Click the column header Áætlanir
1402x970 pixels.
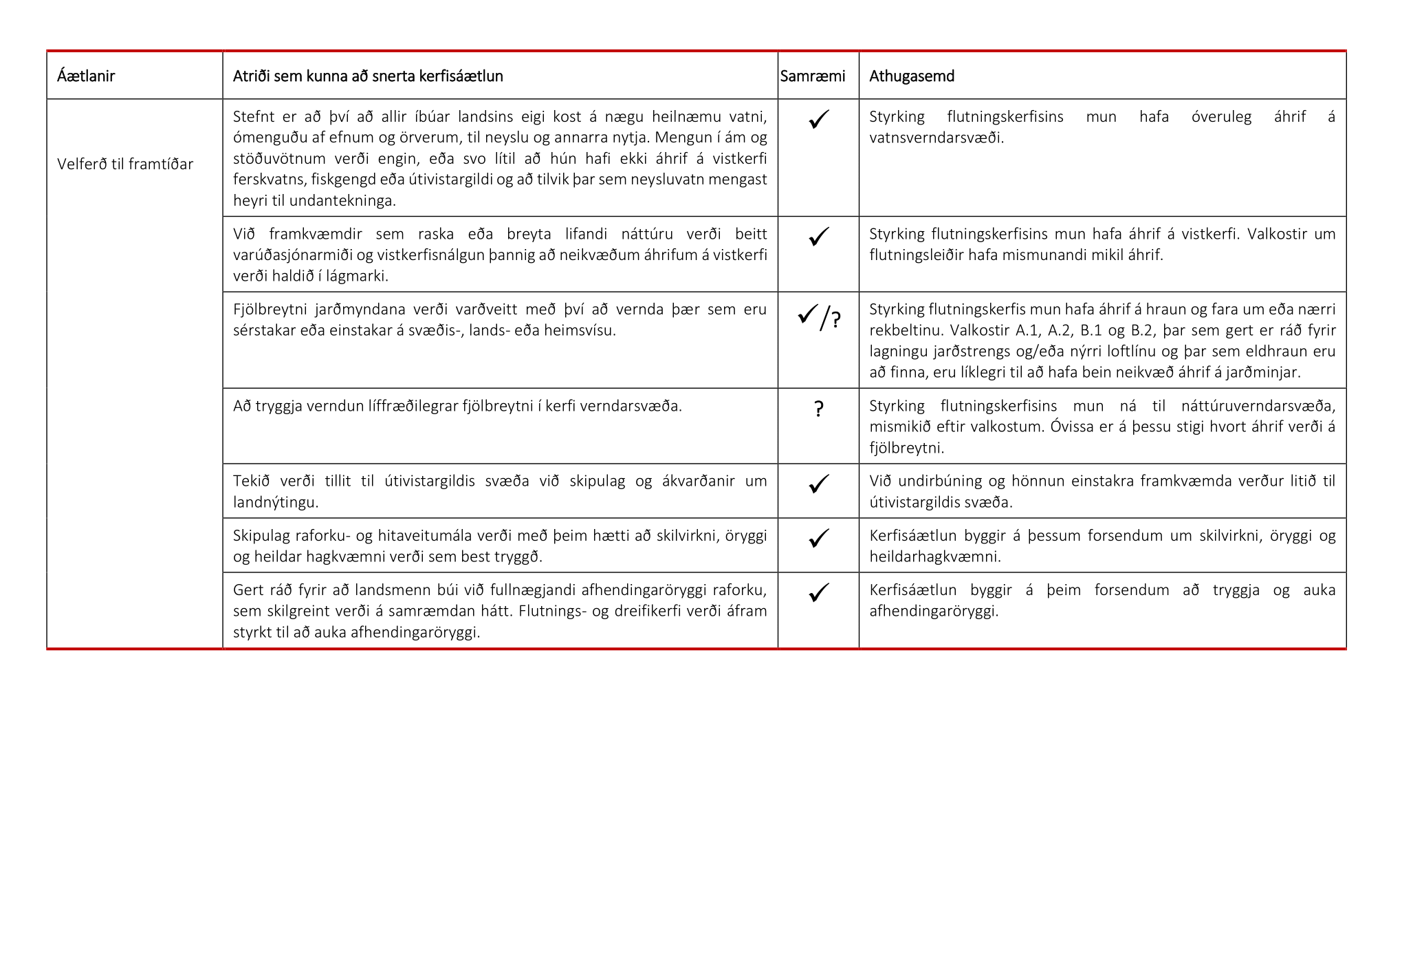coord(86,76)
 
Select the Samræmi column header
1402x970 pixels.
coord(812,76)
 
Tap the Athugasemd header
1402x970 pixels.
coord(911,76)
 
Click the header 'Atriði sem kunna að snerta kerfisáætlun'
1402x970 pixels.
coord(368,76)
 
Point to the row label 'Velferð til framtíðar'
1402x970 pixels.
coord(125,164)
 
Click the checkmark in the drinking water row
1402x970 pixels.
coord(818,119)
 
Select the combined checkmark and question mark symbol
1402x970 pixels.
coord(819,317)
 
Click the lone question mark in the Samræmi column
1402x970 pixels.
coord(818,409)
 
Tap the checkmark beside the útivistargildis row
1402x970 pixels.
coord(818,484)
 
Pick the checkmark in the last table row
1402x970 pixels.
coord(818,592)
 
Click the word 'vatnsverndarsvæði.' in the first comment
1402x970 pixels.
coord(936,138)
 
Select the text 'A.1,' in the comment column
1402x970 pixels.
coord(1028,330)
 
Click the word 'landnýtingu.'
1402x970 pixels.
coord(276,502)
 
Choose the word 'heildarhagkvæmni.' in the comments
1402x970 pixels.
coord(935,557)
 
